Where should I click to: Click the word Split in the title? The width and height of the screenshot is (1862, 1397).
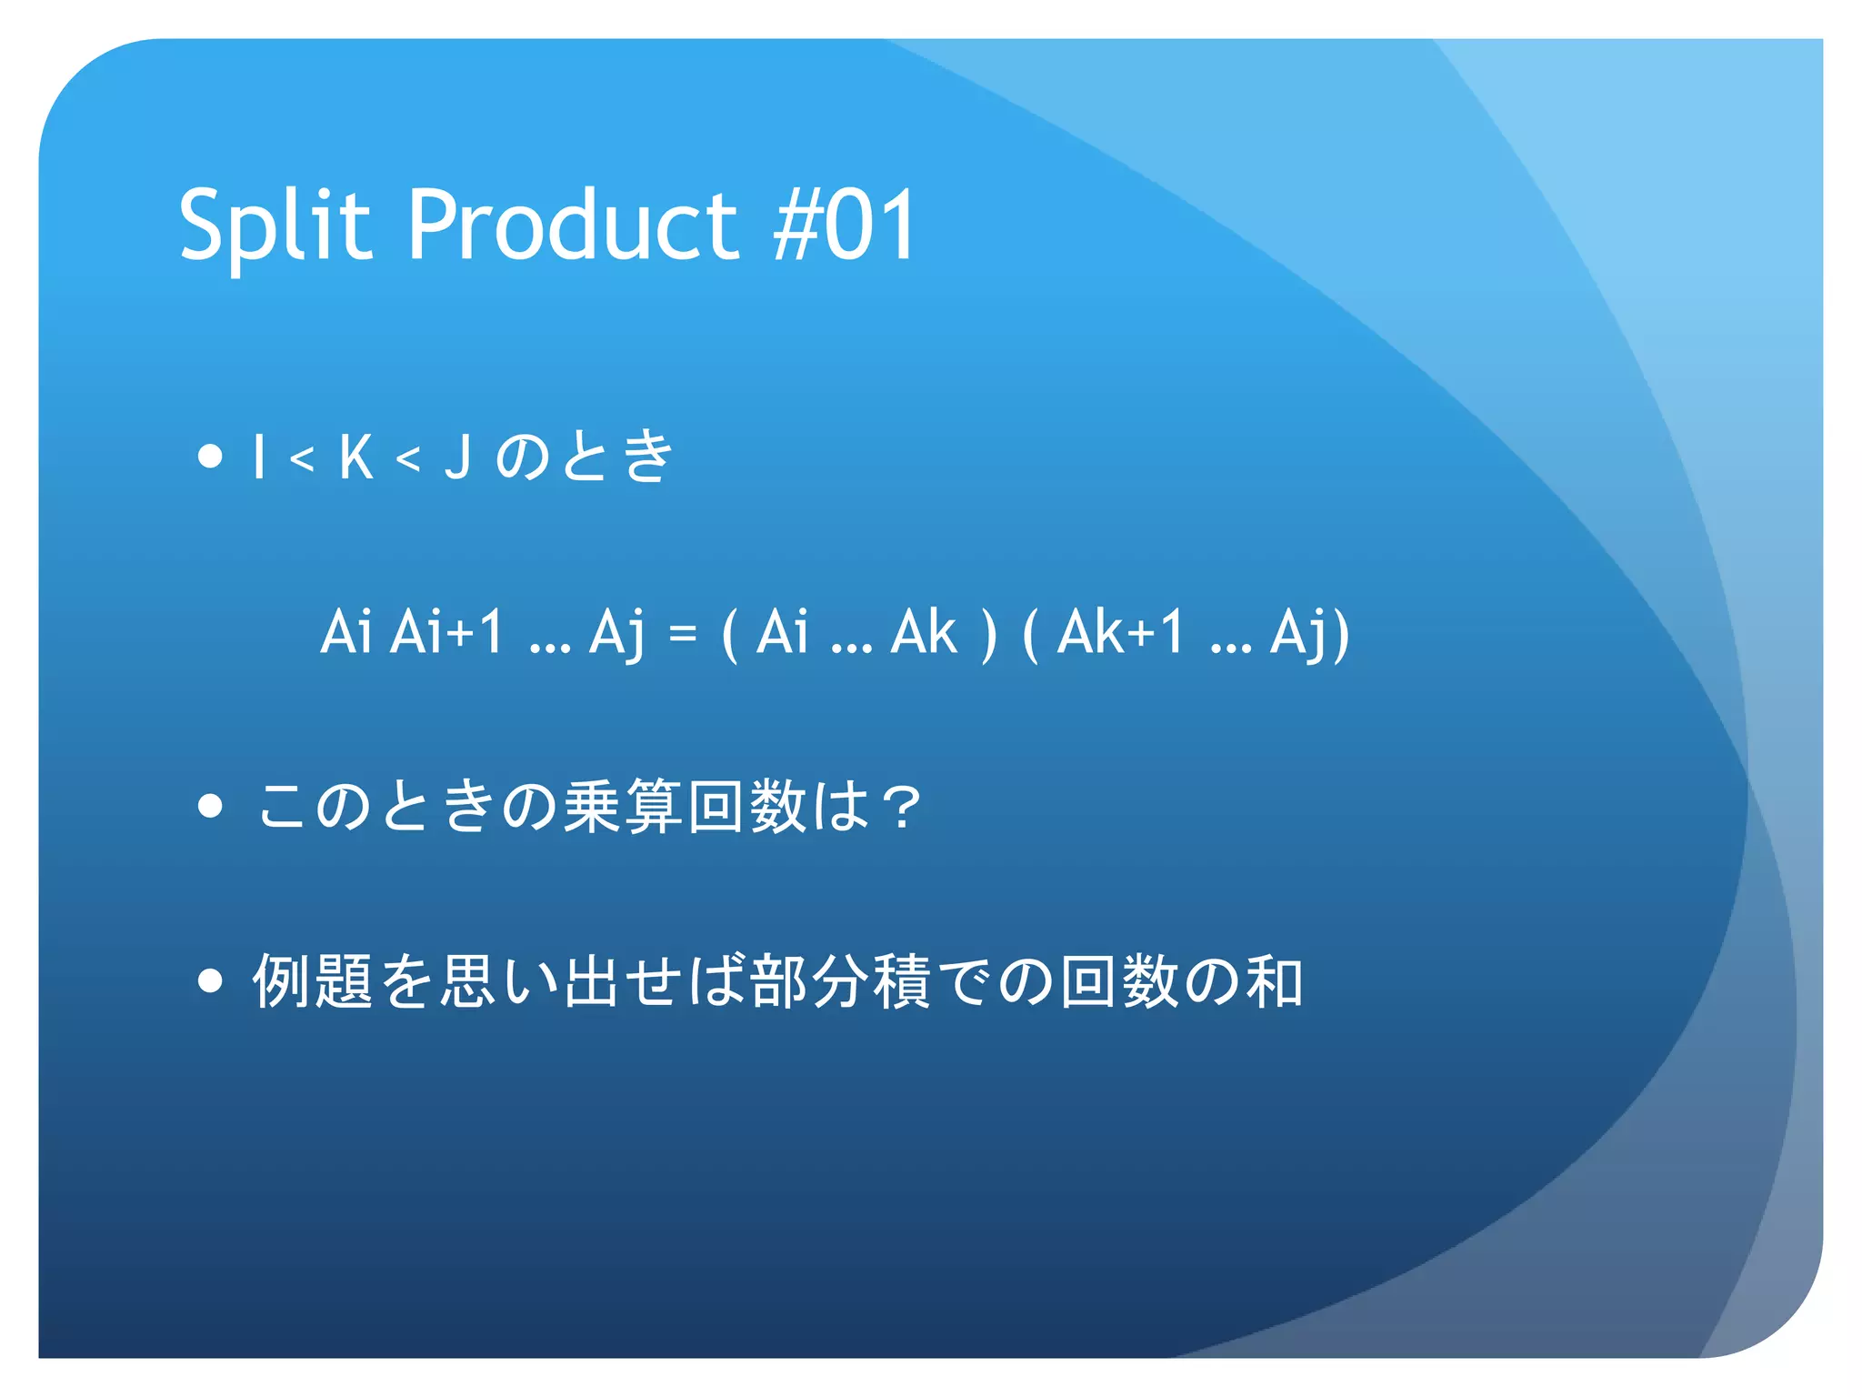point(275,225)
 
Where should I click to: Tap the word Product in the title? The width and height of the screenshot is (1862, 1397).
point(573,225)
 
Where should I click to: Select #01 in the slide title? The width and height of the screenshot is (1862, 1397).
point(846,225)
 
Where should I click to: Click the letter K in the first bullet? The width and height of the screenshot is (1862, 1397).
point(355,457)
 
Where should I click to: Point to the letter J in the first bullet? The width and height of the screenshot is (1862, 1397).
point(458,457)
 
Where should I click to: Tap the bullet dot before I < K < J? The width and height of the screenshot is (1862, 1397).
point(210,456)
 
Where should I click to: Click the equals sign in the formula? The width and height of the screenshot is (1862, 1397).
point(683,633)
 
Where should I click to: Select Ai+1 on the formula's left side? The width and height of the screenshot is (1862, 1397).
point(446,632)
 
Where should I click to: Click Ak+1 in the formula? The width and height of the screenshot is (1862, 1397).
point(1121,632)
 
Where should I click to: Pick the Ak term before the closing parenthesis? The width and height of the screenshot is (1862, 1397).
point(925,632)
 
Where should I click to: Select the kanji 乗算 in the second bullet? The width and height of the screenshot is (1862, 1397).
point(623,807)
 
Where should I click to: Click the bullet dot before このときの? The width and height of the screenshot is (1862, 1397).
point(210,806)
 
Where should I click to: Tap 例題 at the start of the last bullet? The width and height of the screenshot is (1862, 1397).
point(314,981)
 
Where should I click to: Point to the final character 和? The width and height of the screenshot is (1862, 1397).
point(1276,981)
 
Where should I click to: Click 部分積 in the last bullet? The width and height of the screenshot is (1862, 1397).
point(841,981)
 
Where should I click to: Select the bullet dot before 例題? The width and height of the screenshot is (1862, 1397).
point(210,980)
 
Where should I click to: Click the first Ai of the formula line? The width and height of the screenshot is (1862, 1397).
point(346,632)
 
